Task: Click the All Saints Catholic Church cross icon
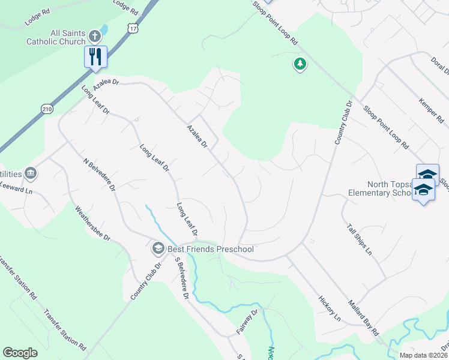tap(94, 36)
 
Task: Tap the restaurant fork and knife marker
tap(95, 56)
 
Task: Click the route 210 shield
tap(47, 109)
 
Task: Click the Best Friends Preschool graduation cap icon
tap(158, 248)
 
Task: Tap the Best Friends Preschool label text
tap(211, 249)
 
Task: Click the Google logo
tap(20, 353)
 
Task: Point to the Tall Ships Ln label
tap(359, 239)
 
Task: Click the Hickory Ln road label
tap(330, 307)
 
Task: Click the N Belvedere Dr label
tap(100, 175)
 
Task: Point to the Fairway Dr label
tap(247, 322)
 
